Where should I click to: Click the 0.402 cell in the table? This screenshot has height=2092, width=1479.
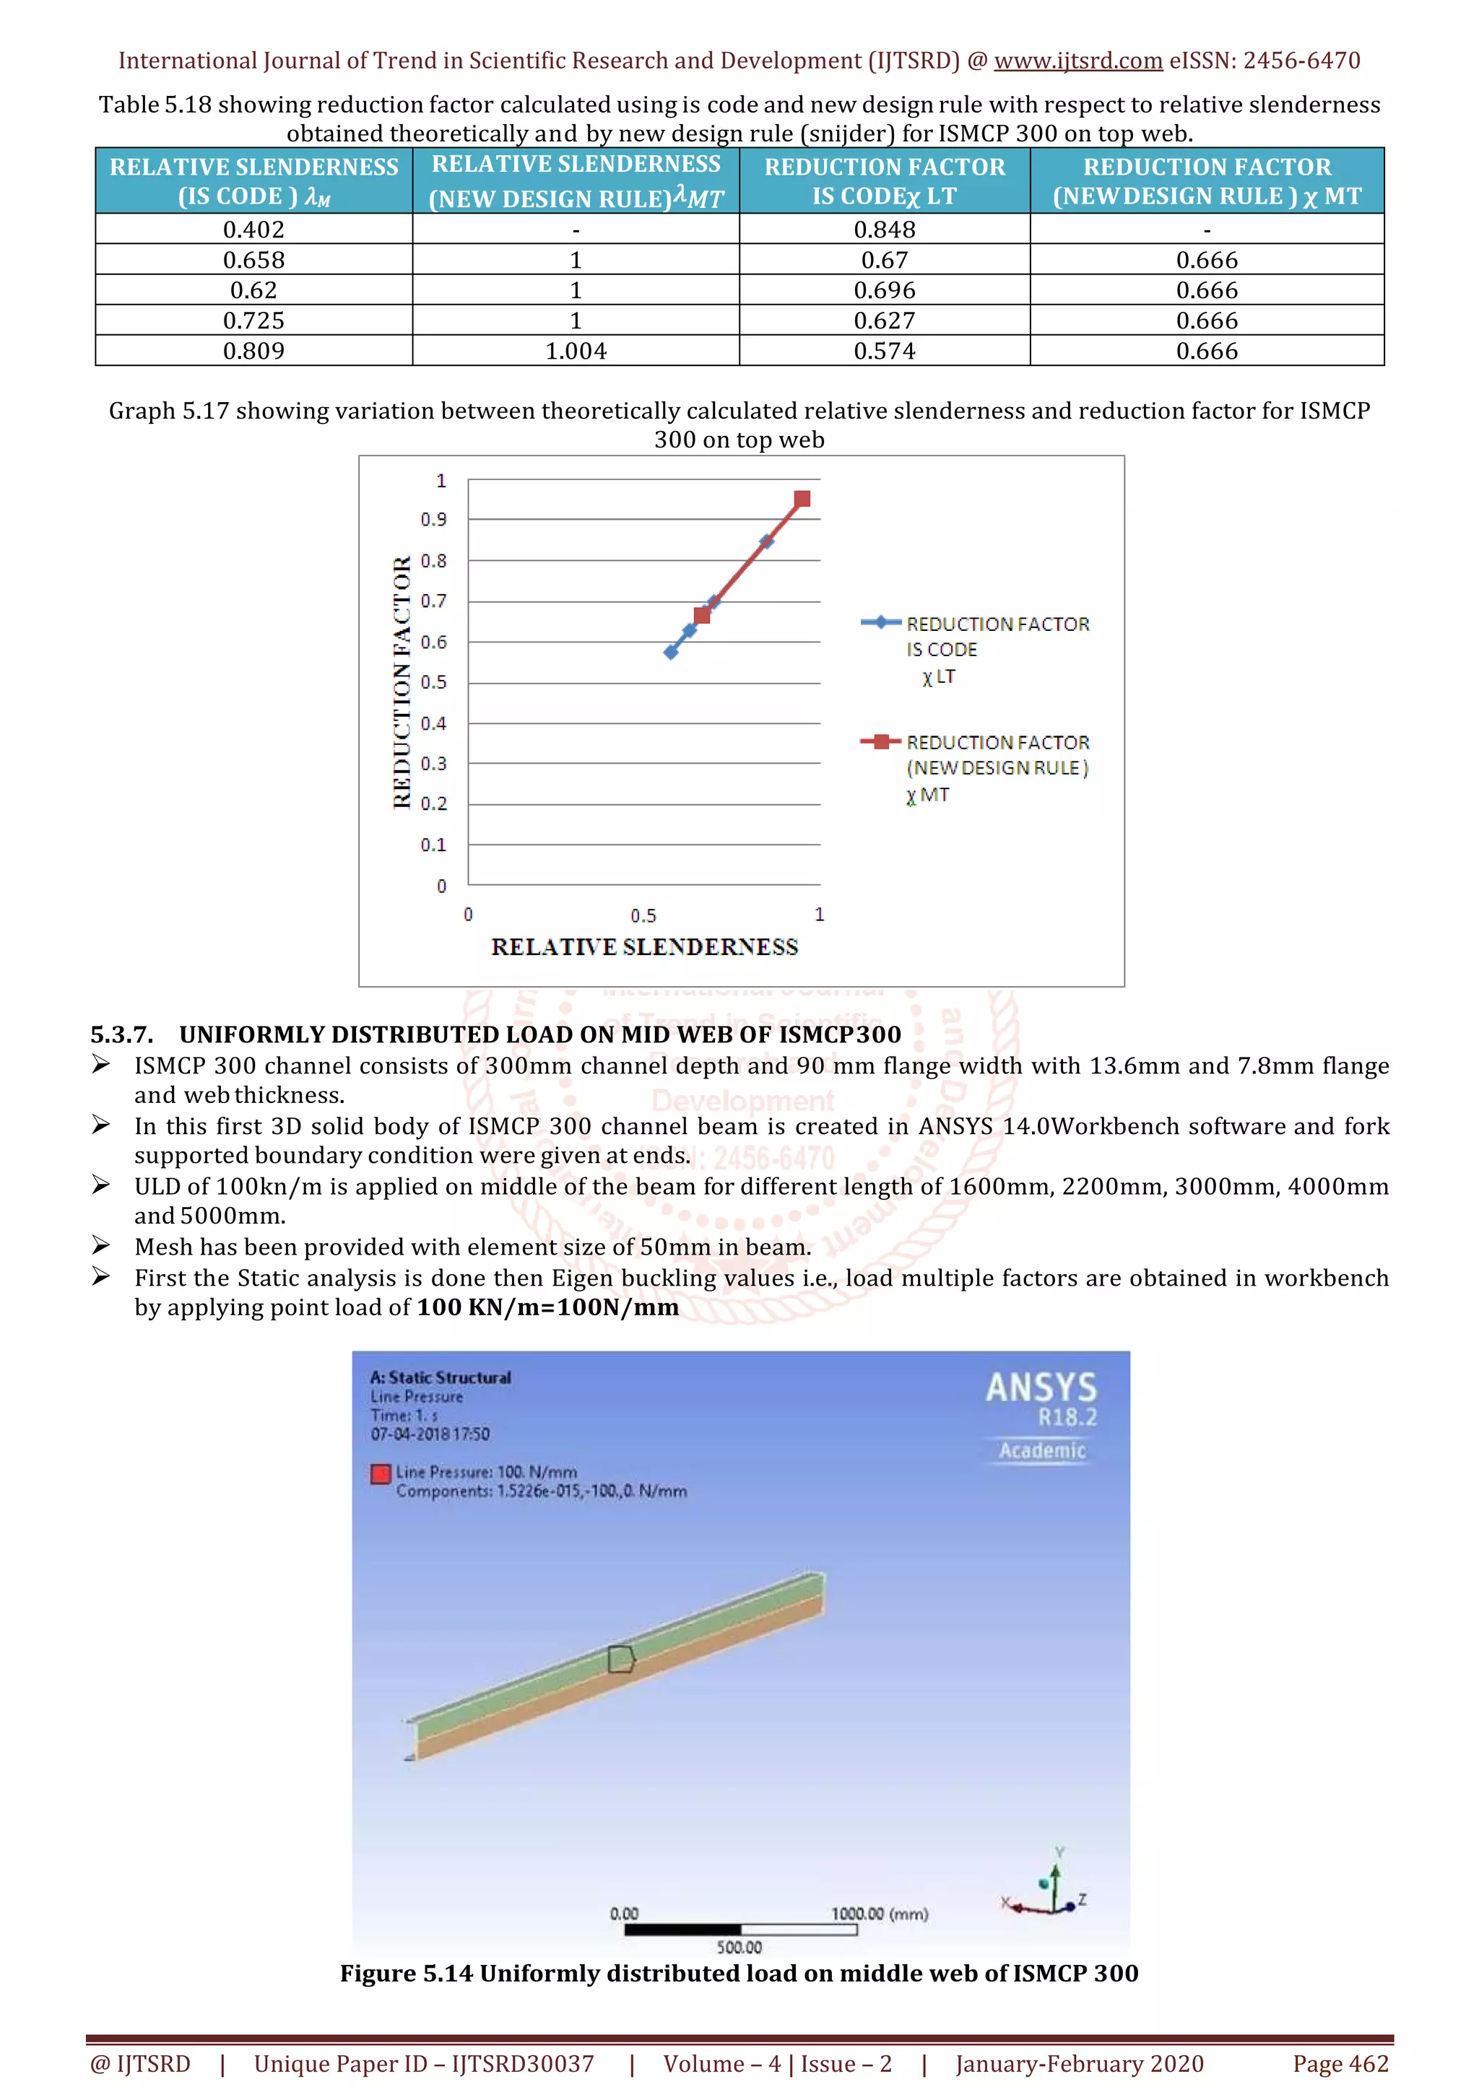[253, 230]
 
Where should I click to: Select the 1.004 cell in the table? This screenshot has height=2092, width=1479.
[575, 351]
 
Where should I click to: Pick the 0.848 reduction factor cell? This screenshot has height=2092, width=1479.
[884, 230]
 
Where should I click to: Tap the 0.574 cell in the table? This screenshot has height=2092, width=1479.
[884, 351]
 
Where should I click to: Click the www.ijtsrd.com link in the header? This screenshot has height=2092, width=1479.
[1077, 61]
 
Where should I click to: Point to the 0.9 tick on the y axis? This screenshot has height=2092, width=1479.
[434, 519]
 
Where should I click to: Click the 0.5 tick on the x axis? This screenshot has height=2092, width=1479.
[643, 915]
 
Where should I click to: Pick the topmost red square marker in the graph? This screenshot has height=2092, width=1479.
[802, 498]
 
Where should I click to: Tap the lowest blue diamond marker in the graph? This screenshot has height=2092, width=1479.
[671, 651]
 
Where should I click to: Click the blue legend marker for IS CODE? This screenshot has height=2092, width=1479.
[881, 622]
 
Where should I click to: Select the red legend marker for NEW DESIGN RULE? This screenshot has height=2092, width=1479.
[881, 741]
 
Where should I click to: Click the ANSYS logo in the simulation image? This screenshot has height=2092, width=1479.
[1041, 1387]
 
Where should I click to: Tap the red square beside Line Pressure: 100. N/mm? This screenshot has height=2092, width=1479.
[381, 1473]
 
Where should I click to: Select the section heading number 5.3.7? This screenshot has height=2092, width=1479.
[121, 1034]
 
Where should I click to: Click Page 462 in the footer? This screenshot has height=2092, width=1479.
[1340, 2064]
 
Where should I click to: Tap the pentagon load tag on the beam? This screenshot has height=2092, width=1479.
[620, 1658]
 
